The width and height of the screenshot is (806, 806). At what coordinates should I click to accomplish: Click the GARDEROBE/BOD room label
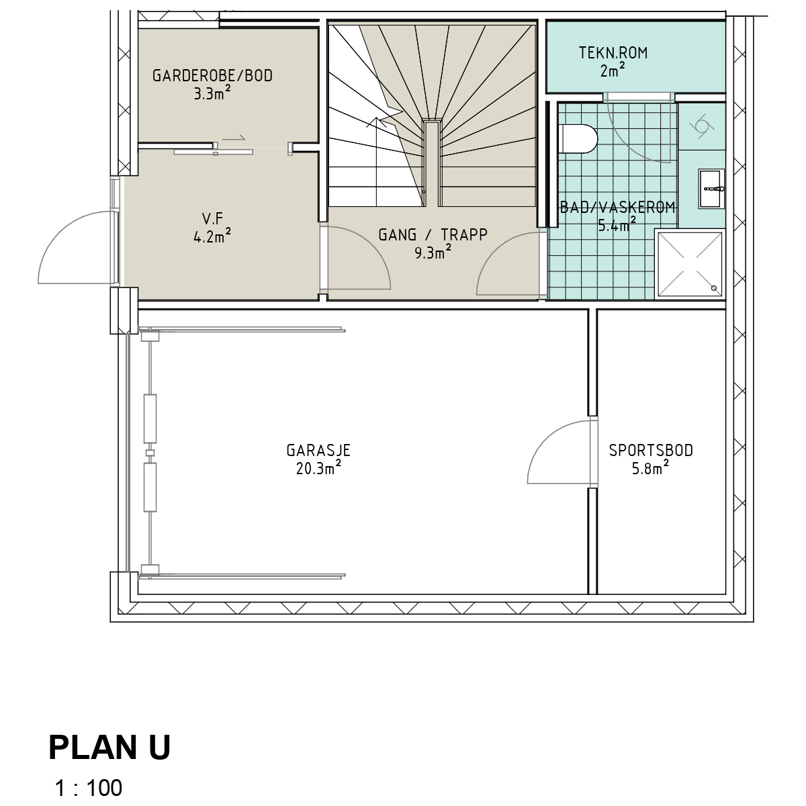[x=212, y=76]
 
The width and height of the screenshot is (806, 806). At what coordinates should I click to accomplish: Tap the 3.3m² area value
[x=212, y=93]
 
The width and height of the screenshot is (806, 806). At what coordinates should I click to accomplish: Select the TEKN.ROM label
[x=613, y=53]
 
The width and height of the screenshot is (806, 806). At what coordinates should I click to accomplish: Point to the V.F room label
[x=212, y=218]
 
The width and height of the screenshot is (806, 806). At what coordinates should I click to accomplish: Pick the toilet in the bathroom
[x=578, y=139]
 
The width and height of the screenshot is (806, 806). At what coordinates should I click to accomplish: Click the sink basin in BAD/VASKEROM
[x=711, y=189]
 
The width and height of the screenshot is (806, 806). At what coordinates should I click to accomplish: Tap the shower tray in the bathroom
[x=690, y=264]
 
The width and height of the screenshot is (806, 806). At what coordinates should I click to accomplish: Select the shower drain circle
[x=714, y=288]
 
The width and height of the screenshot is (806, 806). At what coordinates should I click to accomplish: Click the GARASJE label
[x=318, y=451]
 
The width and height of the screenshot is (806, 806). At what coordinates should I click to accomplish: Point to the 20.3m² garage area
[x=318, y=468]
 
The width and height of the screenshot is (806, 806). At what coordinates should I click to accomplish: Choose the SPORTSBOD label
[x=651, y=451]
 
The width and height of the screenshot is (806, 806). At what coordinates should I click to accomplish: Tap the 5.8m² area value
[x=650, y=468]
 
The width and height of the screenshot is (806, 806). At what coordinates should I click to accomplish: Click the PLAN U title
[x=109, y=748]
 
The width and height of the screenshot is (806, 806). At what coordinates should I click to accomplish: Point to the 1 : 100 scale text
[x=89, y=788]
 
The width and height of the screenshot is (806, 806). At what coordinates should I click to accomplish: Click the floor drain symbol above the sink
[x=702, y=126]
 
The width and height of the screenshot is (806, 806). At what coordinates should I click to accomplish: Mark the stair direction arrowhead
[x=376, y=122]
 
